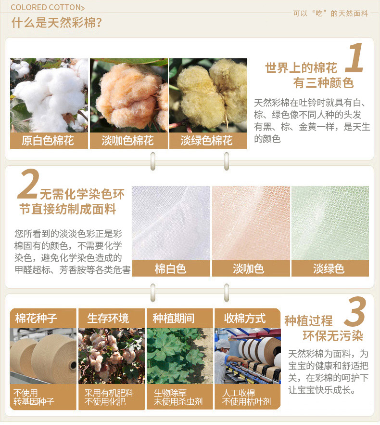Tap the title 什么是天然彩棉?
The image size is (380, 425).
coord(57,22)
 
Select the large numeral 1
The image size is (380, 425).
coord(355,58)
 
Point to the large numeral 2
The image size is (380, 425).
coord(28,184)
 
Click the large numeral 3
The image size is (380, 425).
coord(355,311)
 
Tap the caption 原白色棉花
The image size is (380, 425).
coord(48,141)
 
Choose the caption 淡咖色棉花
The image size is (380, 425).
coord(127,141)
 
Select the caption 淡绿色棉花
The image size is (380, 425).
coord(206,141)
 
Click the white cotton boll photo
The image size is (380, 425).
coord(49,95)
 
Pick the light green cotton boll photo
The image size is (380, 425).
coord(208,95)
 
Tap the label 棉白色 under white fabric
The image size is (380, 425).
coord(170,269)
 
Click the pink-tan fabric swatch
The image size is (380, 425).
coord(251,223)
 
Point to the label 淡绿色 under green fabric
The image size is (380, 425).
coord(329,269)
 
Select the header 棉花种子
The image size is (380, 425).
coord(36,318)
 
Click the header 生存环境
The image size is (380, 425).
coord(108,318)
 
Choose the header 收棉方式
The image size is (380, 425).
coord(245,318)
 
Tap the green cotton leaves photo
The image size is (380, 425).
coord(180,356)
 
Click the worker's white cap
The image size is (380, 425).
coord(223,344)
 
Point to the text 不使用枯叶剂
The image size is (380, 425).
coord(247,401)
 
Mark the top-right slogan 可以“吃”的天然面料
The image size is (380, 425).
coord(330,13)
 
